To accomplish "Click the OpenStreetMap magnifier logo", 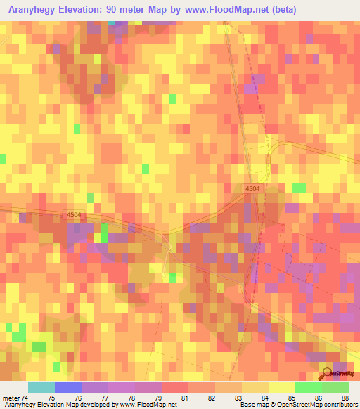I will pyautogui.click(x=328, y=374).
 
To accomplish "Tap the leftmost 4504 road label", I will pyautogui.click(x=75, y=215).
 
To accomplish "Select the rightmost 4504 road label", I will pyautogui.click(x=253, y=189).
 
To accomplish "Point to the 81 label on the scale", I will pyautogui.click(x=185, y=398).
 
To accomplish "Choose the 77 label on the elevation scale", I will pyautogui.click(x=104, y=398).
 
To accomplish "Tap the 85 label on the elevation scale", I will pyautogui.click(x=292, y=398).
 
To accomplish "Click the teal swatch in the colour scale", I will pyautogui.click(x=41, y=387).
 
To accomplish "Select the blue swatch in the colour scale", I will pyautogui.click(x=68, y=387).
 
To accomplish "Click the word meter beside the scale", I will pyautogui.click(x=10, y=398).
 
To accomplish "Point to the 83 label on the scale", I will pyautogui.click(x=238, y=398).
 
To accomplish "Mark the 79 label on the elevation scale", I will pyautogui.click(x=157, y=398).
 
